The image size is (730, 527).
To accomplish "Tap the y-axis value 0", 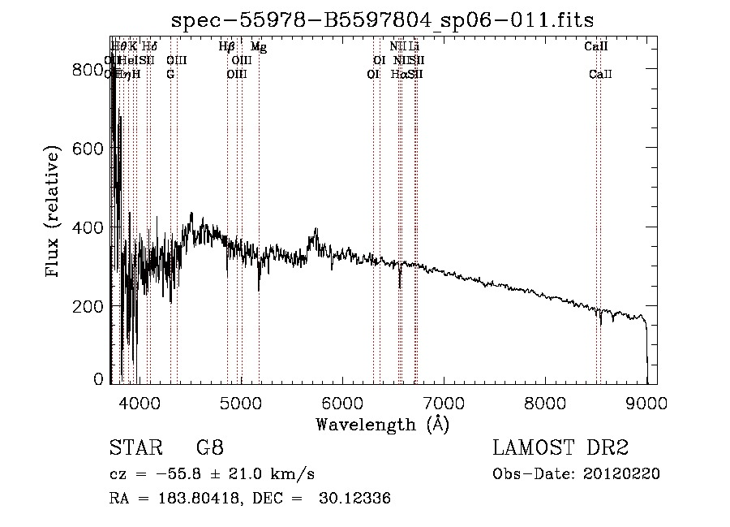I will [99, 379].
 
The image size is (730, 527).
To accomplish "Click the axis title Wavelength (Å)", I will [382, 423].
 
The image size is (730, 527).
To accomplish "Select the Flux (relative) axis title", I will [54, 213].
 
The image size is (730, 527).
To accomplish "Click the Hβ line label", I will [227, 47].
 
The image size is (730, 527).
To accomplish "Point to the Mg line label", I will [258, 47].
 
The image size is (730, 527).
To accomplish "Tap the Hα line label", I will [398, 74].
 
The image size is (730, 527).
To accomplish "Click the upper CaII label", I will [596, 47].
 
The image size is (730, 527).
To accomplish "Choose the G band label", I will [170, 74].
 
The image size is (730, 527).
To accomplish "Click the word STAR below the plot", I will [134, 447].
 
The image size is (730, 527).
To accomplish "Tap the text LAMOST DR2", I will [560, 447].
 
